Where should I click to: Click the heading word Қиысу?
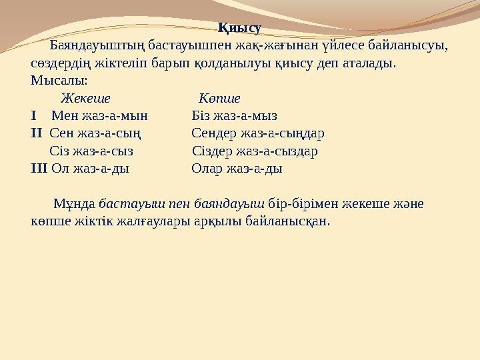tap(239, 28)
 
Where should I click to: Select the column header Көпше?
tap(219, 99)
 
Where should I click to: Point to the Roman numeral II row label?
tap(36, 133)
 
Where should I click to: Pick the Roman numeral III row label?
tap(39, 169)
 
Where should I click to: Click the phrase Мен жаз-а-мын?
tap(99, 115)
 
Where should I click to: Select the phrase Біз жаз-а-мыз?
tap(234, 115)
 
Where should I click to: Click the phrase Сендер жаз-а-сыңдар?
tap(258, 133)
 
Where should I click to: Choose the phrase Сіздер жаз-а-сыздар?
tap(255, 151)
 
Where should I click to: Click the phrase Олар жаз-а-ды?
tap(237, 169)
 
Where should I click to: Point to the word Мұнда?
tap(75, 203)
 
